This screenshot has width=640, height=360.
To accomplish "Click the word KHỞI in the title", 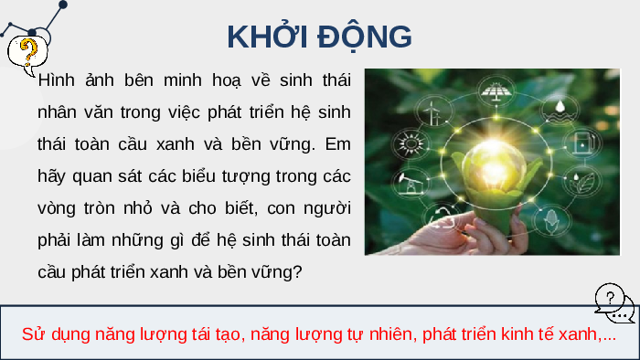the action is pos(267,36).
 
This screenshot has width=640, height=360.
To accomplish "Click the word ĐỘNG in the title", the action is pos(365,37).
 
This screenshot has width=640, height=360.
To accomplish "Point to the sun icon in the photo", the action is pos(411,144).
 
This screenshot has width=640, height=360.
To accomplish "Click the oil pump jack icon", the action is pos(410,183).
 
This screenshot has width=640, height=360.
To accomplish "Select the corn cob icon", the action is pos(551,221).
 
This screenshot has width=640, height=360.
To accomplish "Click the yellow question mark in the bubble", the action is pos(28,52).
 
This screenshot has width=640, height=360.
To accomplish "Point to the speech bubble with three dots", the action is pos(620,312).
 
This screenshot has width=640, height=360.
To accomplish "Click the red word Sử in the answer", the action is pos(34,334).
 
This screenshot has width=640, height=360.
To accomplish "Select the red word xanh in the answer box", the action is pos(579,334).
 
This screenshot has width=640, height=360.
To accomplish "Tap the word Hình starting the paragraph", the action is pos(56,79).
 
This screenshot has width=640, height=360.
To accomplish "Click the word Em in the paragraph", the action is pos(337,144).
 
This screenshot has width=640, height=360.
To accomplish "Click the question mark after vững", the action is pos(297,272).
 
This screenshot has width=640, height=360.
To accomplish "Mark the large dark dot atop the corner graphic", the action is pos(63,5).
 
